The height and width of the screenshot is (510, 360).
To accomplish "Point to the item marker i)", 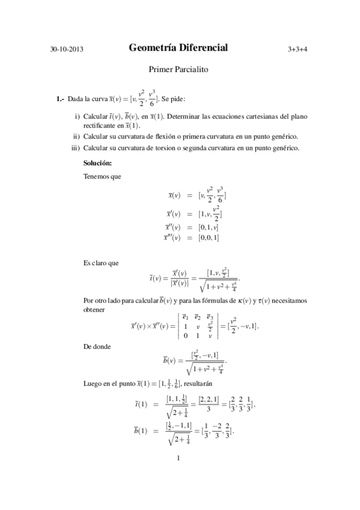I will click(77, 115).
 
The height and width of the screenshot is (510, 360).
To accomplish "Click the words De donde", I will click(99, 347).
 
